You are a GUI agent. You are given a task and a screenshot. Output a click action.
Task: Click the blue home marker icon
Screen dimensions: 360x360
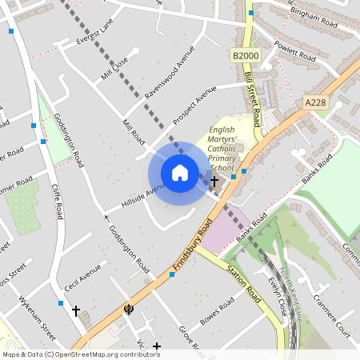pos(180,173)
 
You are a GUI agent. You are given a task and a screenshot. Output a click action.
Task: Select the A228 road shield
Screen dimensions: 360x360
pos(316,102)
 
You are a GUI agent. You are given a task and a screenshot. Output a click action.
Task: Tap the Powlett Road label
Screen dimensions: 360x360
pos(296,53)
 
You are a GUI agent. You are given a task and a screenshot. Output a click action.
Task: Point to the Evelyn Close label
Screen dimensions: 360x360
pos(278,297)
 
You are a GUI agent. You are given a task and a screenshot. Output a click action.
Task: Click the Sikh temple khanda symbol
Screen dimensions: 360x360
pos(128,309)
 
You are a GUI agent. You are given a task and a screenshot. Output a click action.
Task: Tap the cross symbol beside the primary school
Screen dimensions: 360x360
pos(214,182)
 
